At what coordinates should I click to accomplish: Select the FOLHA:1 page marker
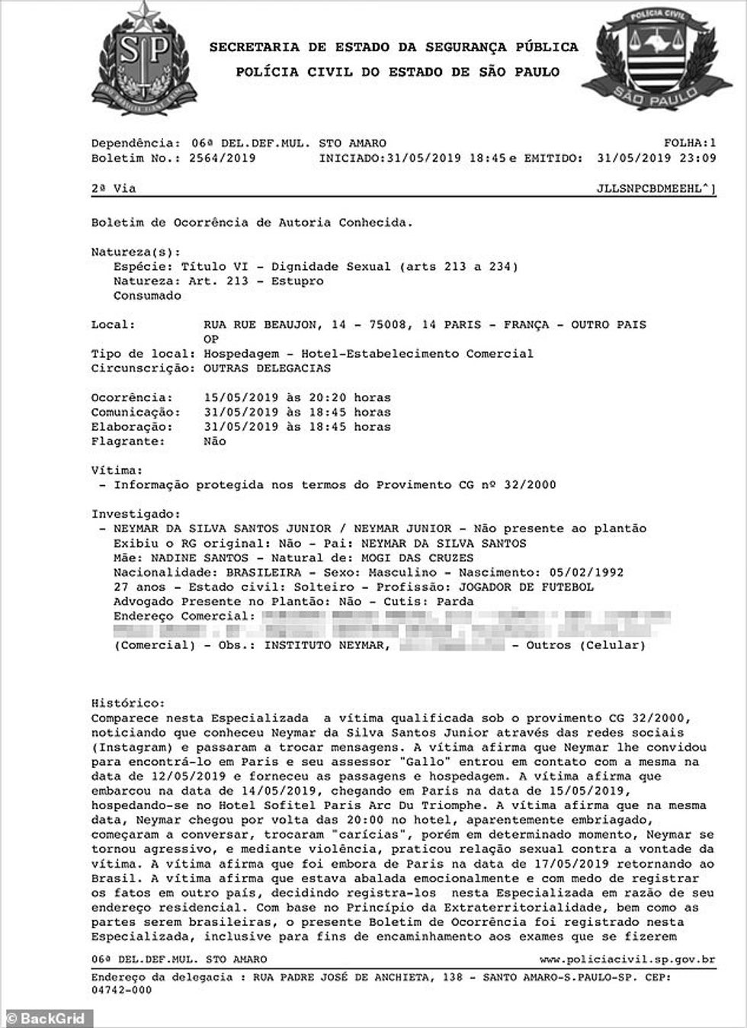click(690, 143)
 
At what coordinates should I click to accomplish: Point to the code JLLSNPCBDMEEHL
click(654, 188)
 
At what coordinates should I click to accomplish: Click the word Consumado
click(147, 296)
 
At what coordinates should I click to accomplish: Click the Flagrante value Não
click(215, 442)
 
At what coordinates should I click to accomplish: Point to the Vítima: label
click(117, 471)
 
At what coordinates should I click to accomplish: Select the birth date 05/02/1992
click(581, 572)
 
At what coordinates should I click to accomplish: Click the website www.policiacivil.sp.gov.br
click(627, 959)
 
